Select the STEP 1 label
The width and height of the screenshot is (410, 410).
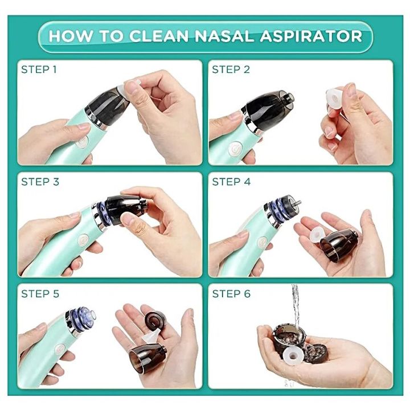click(x=39, y=70)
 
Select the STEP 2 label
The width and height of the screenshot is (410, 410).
click(x=231, y=70)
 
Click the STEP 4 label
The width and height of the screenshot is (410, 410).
click(x=231, y=182)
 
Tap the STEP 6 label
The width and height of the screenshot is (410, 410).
click(x=231, y=294)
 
